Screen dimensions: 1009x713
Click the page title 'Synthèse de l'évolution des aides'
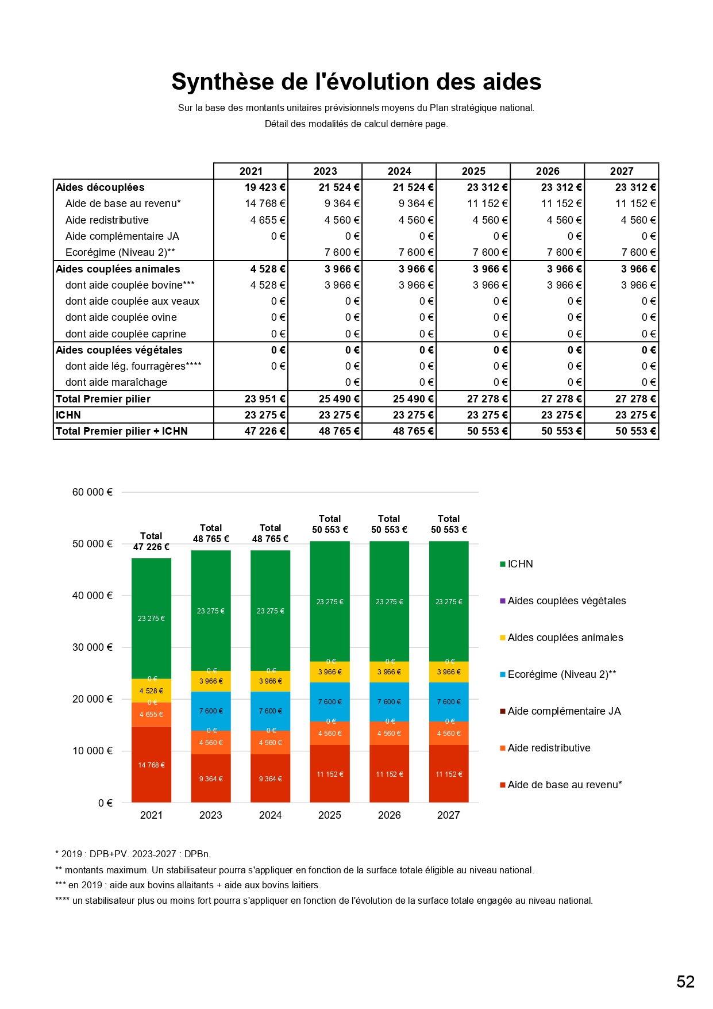pyautogui.click(x=356, y=82)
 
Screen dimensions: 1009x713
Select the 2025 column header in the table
pyautogui.click(x=473, y=171)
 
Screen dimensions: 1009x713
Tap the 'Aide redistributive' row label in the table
pyautogui.click(x=107, y=220)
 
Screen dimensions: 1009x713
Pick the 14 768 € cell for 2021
pyautogui.click(x=265, y=204)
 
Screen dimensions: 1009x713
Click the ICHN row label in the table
pyautogui.click(x=68, y=415)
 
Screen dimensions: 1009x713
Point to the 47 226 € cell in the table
pyautogui.click(x=265, y=431)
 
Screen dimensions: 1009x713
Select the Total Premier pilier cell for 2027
pyautogui.click(x=635, y=399)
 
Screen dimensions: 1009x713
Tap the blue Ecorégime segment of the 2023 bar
pyautogui.click(x=211, y=711)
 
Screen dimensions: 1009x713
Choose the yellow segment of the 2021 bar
pyautogui.click(x=151, y=691)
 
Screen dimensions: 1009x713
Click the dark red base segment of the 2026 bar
pyautogui.click(x=389, y=774)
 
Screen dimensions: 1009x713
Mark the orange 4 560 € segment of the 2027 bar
pyautogui.click(x=449, y=734)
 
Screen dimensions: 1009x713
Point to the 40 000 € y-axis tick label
pyautogui.click(x=92, y=596)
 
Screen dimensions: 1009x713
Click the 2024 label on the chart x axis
pyautogui.click(x=270, y=815)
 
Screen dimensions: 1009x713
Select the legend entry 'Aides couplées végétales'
pyautogui.click(x=566, y=601)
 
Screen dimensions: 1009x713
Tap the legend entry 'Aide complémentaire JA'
pyautogui.click(x=564, y=711)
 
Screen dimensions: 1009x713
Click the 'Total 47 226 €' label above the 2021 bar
pyautogui.click(x=151, y=542)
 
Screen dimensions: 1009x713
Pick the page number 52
pyautogui.click(x=685, y=981)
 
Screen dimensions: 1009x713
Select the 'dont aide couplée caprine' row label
pyautogui.click(x=125, y=334)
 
